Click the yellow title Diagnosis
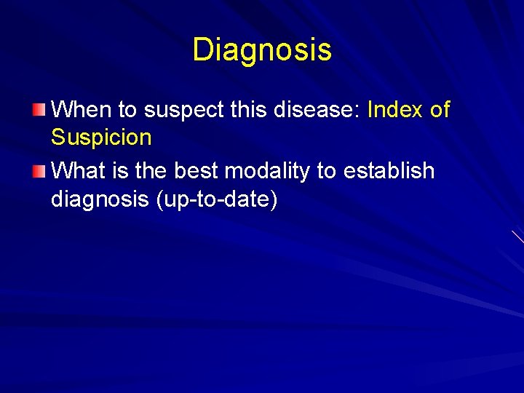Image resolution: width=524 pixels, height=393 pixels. [262, 49]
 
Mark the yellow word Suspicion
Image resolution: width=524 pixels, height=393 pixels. [101, 138]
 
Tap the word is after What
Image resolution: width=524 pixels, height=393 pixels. [120, 171]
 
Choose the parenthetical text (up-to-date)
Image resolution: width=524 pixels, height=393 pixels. [217, 199]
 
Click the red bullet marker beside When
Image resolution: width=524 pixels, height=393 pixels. [39, 111]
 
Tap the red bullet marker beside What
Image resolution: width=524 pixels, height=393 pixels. [39, 172]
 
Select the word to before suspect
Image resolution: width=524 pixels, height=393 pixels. [127, 111]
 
